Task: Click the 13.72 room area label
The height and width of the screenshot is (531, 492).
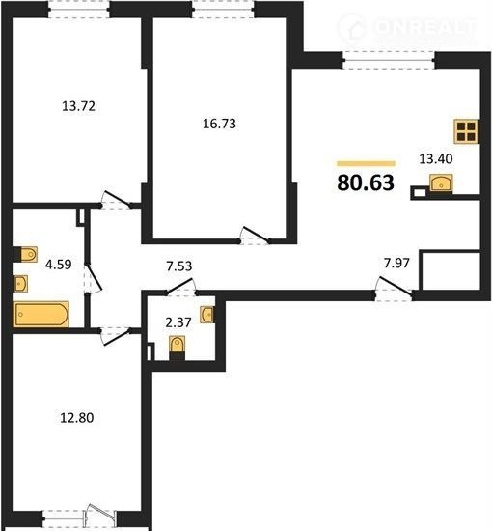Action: [x=78, y=106]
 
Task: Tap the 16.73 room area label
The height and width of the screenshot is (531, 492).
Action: [x=219, y=124]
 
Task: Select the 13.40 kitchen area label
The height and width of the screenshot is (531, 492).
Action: [x=436, y=158]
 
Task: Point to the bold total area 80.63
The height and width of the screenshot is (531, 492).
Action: [x=366, y=182]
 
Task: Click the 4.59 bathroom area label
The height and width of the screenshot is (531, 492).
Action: [x=59, y=265]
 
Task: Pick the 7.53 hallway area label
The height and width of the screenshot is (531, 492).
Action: [x=179, y=266]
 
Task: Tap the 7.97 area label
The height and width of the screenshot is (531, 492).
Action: [x=396, y=263]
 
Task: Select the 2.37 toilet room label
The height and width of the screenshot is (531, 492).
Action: [x=178, y=322]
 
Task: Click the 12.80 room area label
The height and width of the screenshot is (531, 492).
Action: [x=77, y=417]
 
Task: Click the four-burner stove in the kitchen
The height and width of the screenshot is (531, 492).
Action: [x=466, y=131]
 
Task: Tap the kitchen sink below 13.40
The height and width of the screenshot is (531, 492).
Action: [x=441, y=183]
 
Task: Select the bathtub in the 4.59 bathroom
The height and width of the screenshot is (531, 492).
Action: [x=41, y=315]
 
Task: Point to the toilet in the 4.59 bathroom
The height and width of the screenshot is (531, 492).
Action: [x=25, y=254]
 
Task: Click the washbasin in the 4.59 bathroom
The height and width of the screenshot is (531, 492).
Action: [x=20, y=284]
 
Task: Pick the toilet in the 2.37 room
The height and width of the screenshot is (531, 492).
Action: [x=177, y=348]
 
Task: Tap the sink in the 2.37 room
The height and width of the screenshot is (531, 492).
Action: [x=206, y=315]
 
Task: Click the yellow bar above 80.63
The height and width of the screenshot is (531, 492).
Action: [x=366, y=164]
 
